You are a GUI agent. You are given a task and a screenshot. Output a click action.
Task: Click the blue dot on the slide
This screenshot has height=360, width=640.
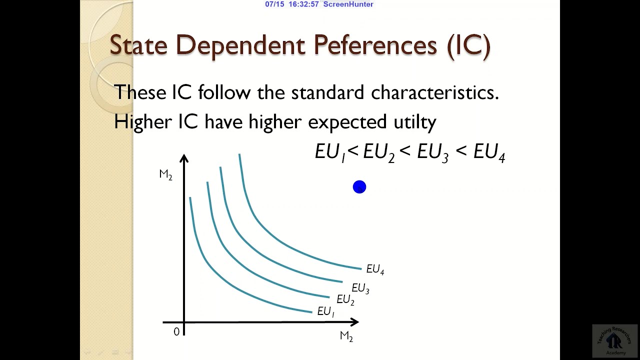[359, 187]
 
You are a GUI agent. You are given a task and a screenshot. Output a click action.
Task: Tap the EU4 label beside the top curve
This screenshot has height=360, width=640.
[375, 269]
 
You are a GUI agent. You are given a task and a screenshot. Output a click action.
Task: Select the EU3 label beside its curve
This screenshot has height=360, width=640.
[360, 288]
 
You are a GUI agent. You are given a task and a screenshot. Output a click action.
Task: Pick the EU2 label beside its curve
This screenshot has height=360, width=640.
[345, 300]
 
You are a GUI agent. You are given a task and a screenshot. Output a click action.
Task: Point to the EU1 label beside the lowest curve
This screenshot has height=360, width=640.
[325, 311]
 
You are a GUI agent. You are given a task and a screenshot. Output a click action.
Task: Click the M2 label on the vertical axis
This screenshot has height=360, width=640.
[165, 174]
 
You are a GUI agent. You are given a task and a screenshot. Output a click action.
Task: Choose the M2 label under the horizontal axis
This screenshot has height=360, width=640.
[346, 336]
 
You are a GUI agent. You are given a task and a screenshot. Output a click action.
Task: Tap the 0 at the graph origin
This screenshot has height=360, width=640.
[176, 332]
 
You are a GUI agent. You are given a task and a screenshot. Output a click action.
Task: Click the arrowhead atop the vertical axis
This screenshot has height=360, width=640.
[184, 158]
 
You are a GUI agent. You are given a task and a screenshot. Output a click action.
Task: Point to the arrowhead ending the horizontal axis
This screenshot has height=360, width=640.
[354, 322]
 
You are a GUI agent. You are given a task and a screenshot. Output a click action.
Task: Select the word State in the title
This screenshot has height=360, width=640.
[138, 45]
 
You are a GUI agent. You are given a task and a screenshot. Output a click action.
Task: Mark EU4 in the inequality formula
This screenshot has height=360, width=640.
[489, 152]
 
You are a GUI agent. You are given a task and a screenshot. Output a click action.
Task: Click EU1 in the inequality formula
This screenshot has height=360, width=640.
[330, 152]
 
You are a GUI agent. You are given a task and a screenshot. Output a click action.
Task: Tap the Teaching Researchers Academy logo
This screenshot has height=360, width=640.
[614, 341]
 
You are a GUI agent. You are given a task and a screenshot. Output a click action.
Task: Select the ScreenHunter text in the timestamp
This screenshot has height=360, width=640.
[348, 4]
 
